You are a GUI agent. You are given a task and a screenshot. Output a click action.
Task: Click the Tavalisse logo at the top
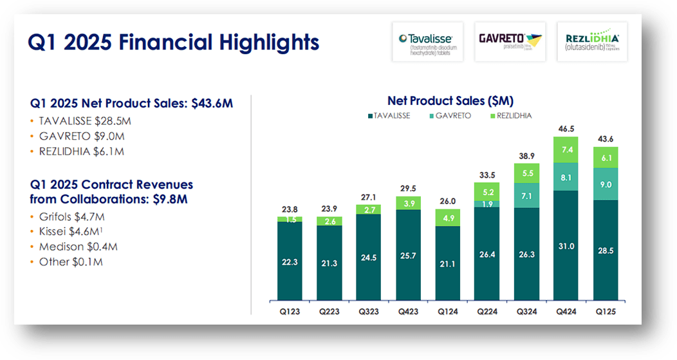(427, 42)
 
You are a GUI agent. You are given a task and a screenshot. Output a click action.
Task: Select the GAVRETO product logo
(510, 42)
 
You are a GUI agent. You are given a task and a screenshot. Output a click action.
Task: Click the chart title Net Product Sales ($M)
(450, 100)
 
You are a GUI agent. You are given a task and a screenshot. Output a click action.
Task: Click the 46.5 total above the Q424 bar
(566, 129)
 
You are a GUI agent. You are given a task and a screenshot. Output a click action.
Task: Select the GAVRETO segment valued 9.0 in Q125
(605, 184)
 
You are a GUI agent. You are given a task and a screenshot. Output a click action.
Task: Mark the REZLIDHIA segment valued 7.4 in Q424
(566, 149)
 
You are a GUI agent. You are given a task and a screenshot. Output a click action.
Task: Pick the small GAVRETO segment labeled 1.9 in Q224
(487, 204)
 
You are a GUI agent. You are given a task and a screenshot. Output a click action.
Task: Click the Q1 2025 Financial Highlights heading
(174, 43)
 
